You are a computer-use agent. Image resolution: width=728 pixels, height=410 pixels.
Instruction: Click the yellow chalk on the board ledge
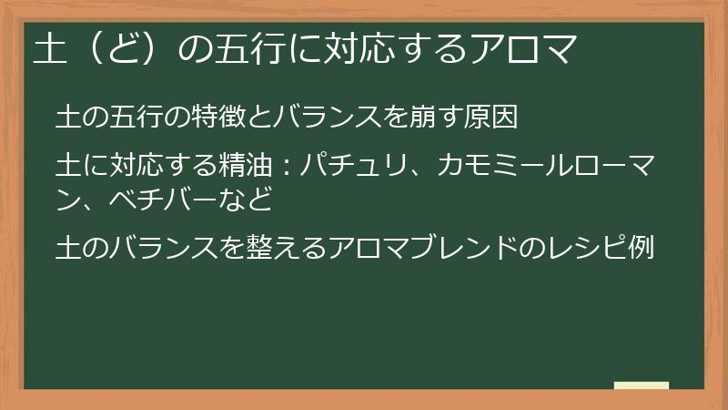(642, 385)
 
